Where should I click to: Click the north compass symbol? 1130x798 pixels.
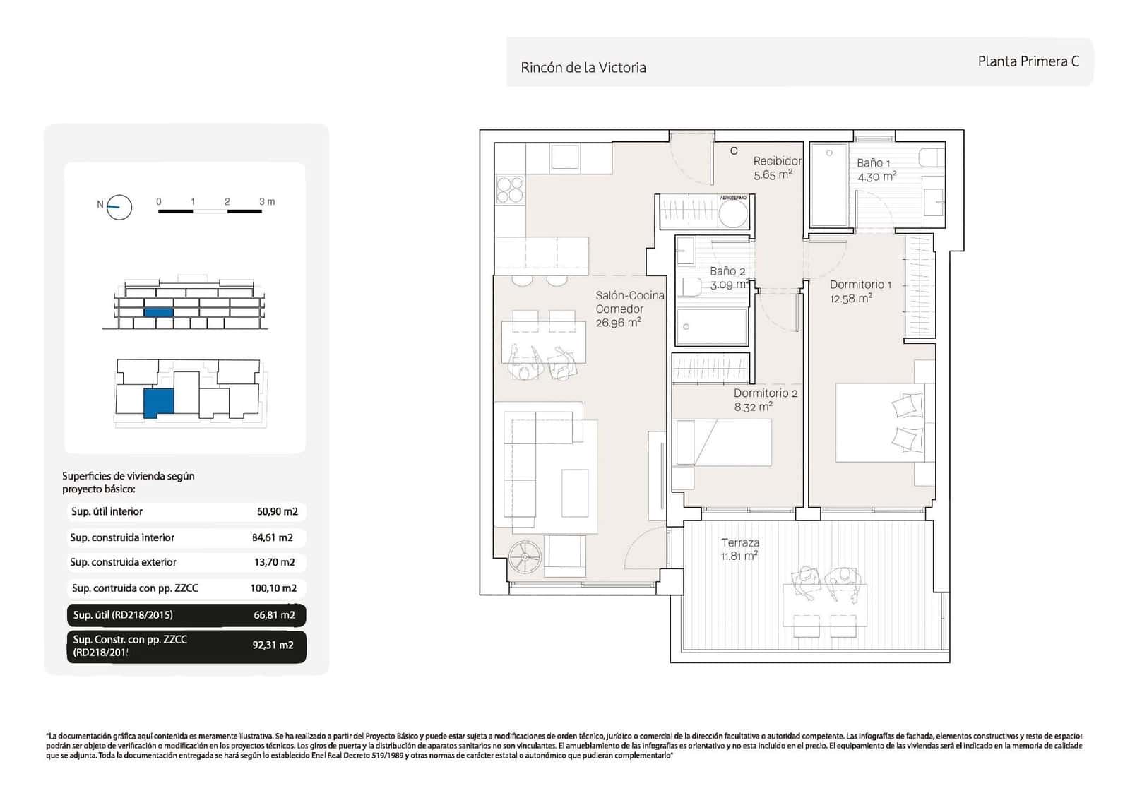[119, 207]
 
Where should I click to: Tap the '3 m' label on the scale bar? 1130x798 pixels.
[267, 202]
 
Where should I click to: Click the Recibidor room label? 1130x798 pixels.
[777, 161]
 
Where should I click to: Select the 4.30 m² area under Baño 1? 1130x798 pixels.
[876, 177]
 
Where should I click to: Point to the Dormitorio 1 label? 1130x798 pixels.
[860, 285]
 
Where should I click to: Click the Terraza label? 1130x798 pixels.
[740, 543]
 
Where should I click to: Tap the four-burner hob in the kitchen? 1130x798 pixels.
[510, 189]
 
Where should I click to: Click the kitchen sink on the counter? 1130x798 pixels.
[565, 157]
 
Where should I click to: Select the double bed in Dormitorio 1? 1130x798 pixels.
[879, 422]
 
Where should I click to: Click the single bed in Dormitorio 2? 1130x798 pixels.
[722, 443]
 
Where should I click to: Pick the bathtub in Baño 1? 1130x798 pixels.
[828, 185]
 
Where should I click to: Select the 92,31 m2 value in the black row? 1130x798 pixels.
[273, 645]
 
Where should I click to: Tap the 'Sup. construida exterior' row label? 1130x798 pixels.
[123, 562]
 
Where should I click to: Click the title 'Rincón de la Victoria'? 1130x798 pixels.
[583, 68]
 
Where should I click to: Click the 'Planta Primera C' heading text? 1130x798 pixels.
[1028, 61]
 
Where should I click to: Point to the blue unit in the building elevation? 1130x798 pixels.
[158, 312]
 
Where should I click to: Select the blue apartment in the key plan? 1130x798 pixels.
[158, 402]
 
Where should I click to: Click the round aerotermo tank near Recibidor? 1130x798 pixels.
[733, 213]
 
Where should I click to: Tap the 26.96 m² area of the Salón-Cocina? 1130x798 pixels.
[618, 323]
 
